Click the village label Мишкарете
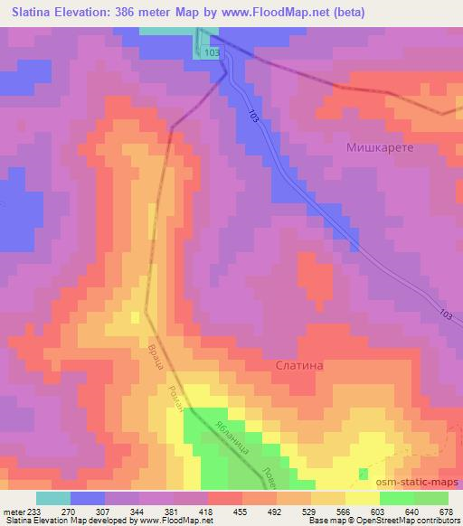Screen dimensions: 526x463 tap(379, 146)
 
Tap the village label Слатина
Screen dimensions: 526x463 tap(298, 365)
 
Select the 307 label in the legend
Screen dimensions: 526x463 tap(103, 511)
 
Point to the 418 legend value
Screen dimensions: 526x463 tap(206, 511)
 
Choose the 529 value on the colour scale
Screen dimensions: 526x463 tap(310, 511)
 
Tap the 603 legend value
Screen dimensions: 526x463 tap(379, 511)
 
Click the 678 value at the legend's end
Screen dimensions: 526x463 tap(447, 511)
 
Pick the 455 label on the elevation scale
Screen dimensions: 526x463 tap(241, 511)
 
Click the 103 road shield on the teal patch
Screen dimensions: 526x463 tap(212, 54)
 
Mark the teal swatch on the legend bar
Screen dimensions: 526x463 tap(53, 498)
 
